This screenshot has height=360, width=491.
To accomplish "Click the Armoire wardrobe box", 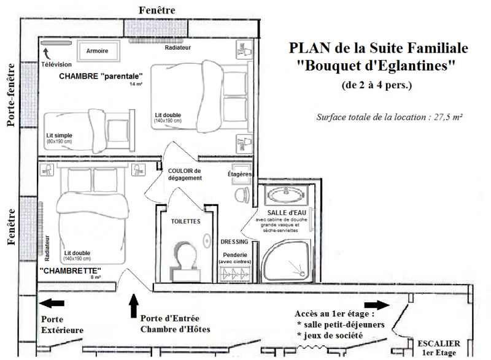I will click(x=97, y=51).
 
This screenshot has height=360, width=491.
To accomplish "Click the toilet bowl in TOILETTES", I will click(x=187, y=255).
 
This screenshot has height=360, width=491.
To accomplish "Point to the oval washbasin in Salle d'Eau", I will click(x=285, y=196).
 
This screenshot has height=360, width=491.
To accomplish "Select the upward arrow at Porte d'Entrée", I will click(x=134, y=304).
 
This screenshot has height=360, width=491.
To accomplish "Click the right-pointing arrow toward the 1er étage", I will click(x=376, y=305).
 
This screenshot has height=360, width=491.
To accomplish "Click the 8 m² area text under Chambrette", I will click(x=95, y=277).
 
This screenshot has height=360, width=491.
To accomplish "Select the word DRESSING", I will click(x=234, y=242).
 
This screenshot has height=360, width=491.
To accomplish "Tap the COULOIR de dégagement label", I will click(x=185, y=174).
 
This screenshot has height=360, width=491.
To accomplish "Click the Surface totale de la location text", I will click(x=389, y=117).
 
